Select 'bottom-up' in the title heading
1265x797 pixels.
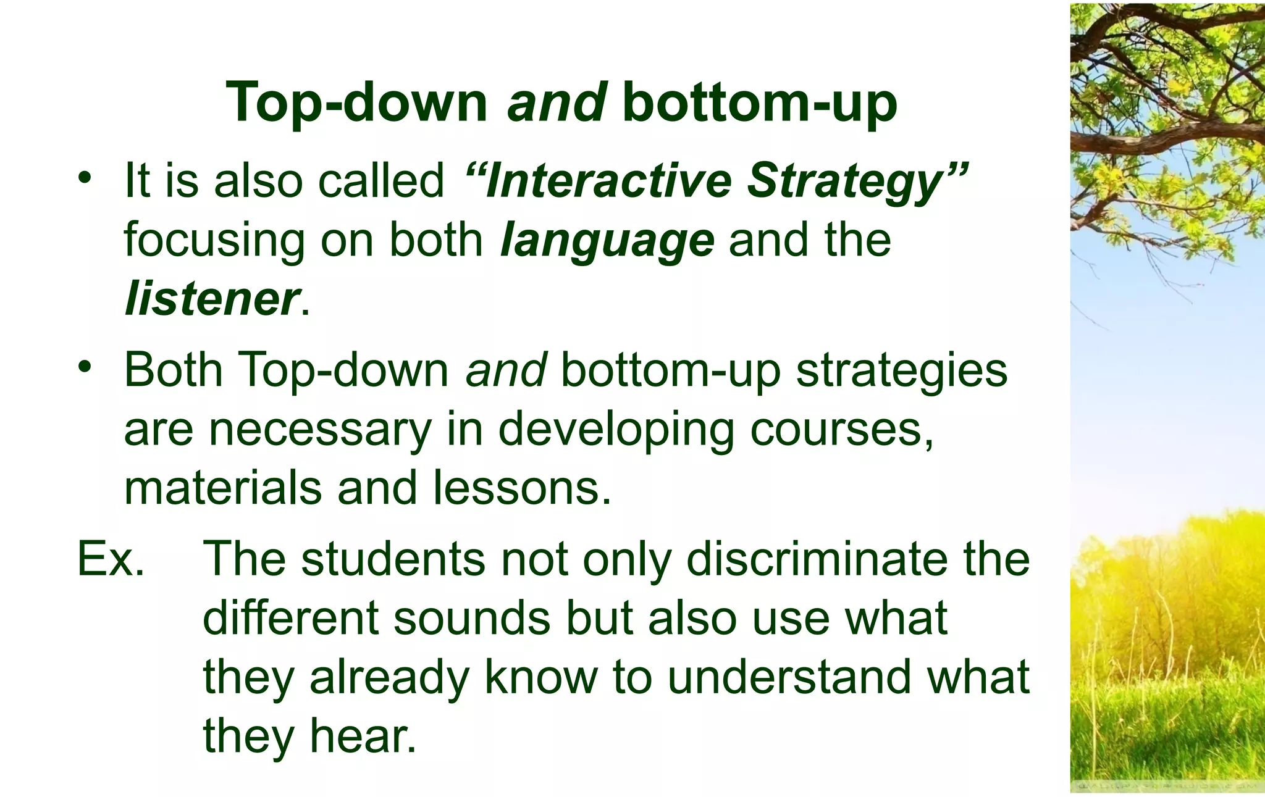pos(760,102)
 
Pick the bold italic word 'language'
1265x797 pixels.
pos(607,240)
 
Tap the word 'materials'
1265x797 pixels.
pos(223,488)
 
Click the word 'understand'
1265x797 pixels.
pos(789,677)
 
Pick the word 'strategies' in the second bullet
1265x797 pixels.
pos(901,370)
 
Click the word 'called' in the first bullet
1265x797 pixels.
pos(381,180)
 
